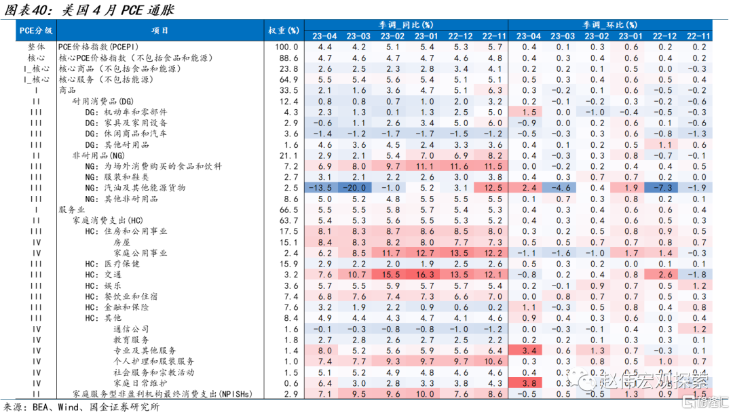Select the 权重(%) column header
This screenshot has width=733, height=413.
click(284, 31)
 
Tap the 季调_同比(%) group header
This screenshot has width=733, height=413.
click(405, 24)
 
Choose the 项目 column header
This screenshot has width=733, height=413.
click(161, 31)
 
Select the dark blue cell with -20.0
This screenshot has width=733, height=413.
click(358, 188)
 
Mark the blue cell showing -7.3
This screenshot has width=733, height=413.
click(664, 188)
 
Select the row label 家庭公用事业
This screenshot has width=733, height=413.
click(140, 253)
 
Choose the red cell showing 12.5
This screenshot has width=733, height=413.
click(493, 188)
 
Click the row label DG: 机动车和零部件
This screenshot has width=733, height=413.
click(126, 112)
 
